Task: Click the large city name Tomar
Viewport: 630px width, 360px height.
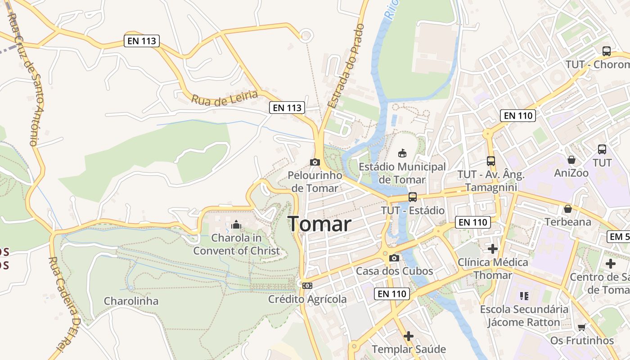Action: [x=319, y=224]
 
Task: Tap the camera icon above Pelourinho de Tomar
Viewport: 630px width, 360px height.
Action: [x=315, y=162]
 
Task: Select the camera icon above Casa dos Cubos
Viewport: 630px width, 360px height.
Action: [x=394, y=258]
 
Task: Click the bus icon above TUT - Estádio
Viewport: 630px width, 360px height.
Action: [x=412, y=197]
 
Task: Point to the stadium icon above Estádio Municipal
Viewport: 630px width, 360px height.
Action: [x=402, y=153]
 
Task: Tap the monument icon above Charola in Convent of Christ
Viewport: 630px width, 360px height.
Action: [x=236, y=225]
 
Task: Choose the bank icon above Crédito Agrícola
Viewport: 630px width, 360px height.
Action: [x=307, y=285]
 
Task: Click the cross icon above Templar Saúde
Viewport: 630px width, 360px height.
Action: [x=409, y=336]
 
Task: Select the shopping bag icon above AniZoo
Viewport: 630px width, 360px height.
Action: [x=571, y=160]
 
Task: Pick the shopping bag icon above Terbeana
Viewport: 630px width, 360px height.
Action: [x=568, y=208]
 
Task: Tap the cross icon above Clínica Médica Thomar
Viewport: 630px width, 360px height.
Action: [x=493, y=248]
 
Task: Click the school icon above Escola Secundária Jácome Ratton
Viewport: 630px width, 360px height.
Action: [x=524, y=296]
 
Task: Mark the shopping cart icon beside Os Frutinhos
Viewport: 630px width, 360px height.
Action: [x=582, y=327]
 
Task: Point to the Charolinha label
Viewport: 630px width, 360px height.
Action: [x=131, y=301]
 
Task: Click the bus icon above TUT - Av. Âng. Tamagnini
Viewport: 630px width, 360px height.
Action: [x=490, y=161]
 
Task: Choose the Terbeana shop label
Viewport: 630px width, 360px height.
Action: [x=568, y=222]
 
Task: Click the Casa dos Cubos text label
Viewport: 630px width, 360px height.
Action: [x=394, y=271]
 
